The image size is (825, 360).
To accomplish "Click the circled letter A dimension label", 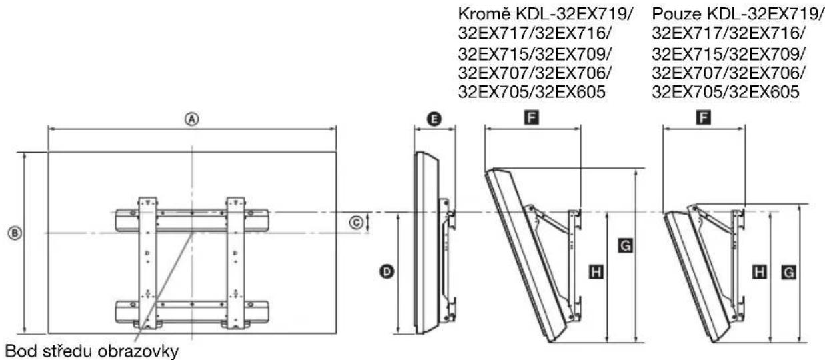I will (x=192, y=119).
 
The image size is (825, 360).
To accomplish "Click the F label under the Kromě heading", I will (x=532, y=119).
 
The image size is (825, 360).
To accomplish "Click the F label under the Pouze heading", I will (x=703, y=119).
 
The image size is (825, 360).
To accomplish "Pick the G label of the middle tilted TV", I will (x=625, y=247).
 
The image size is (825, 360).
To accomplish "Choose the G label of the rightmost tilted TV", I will (x=788, y=271).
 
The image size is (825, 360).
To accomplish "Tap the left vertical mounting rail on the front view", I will (x=147, y=263).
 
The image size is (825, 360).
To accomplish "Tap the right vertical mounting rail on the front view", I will (x=236, y=263).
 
